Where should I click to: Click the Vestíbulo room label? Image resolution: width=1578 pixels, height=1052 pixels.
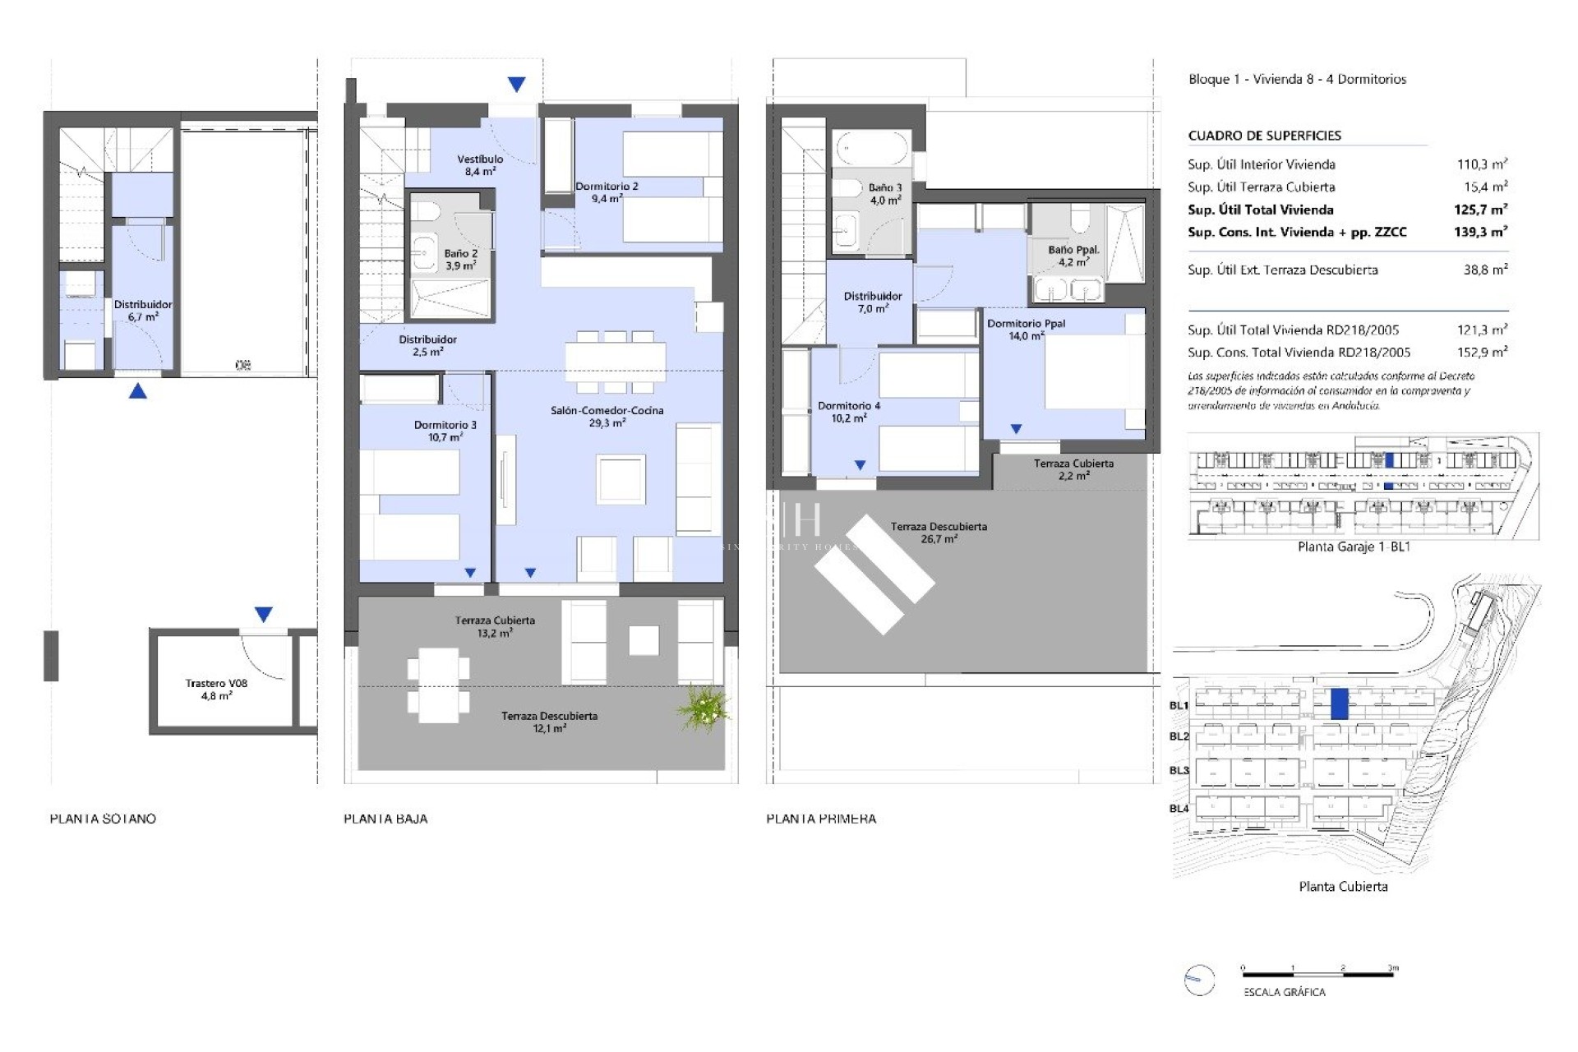pyautogui.click(x=480, y=165)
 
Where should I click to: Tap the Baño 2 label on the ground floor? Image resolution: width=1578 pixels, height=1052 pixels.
pyautogui.click(x=460, y=260)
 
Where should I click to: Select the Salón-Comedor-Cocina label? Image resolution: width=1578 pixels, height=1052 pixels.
pyautogui.click(x=607, y=416)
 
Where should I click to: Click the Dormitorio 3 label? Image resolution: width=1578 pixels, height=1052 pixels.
pyautogui.click(x=445, y=431)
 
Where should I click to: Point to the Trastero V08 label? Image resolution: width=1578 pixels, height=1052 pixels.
pyautogui.click(x=216, y=689)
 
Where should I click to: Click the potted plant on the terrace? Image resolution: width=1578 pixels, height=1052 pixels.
pyautogui.click(x=703, y=708)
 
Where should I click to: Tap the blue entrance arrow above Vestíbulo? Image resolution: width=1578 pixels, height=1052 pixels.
pyautogui.click(x=516, y=84)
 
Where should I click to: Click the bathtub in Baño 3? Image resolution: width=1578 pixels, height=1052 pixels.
pyautogui.click(x=871, y=149)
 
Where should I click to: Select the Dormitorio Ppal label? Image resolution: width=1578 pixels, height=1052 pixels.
pyautogui.click(x=1026, y=329)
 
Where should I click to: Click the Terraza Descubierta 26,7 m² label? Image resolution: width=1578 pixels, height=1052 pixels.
pyautogui.click(x=939, y=533)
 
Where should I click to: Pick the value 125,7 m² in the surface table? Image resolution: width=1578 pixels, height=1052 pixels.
pyautogui.click(x=1480, y=210)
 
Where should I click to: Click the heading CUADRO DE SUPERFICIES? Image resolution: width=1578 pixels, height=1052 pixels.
pyautogui.click(x=1264, y=136)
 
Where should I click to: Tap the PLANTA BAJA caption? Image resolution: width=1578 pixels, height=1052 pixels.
pyautogui.click(x=385, y=819)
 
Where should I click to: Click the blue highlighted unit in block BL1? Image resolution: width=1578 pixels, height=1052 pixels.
pyautogui.click(x=1339, y=704)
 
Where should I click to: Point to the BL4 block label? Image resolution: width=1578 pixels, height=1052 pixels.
pyautogui.click(x=1179, y=809)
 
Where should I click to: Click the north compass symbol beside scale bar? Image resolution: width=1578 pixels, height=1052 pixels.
pyautogui.click(x=1199, y=980)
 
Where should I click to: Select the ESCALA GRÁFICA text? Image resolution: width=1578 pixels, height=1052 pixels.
pyautogui.click(x=1284, y=992)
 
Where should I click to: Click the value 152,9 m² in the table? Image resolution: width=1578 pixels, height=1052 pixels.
pyautogui.click(x=1482, y=352)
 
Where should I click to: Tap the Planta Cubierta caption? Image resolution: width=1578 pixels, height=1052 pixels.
pyautogui.click(x=1343, y=886)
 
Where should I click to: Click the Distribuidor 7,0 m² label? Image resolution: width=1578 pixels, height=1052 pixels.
pyautogui.click(x=872, y=302)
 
